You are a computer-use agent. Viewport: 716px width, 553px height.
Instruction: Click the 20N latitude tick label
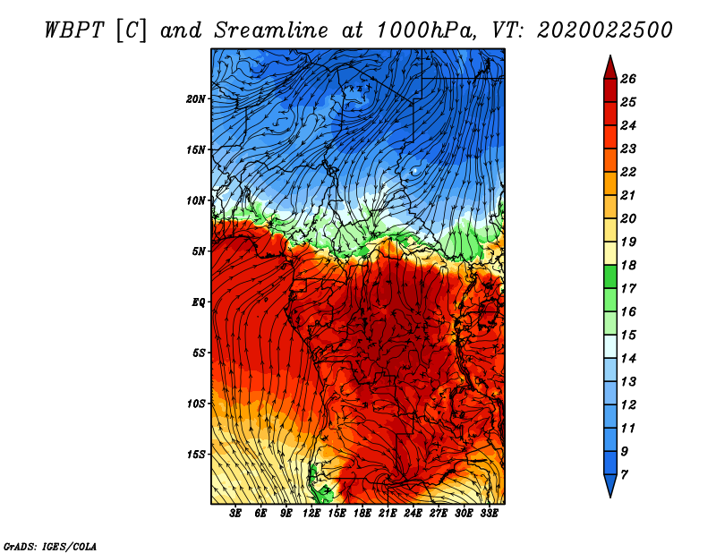tap(195, 99)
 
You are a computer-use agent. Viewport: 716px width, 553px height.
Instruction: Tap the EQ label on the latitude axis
tap(198, 302)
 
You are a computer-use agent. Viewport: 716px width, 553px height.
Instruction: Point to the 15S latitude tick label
tap(196, 455)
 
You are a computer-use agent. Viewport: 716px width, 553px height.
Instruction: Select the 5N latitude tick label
tap(199, 251)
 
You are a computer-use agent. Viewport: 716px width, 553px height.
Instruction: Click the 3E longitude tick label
tap(235, 514)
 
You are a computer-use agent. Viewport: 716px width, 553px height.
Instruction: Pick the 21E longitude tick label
tap(388, 514)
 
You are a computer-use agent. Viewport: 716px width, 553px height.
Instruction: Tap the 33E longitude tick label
tap(489, 514)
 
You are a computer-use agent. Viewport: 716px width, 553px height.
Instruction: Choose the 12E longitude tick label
tap(311, 514)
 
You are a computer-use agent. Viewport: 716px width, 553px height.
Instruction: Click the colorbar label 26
tap(628, 79)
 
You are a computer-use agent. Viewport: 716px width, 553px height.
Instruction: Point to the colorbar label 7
tap(624, 475)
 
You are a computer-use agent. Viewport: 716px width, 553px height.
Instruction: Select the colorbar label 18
tap(628, 265)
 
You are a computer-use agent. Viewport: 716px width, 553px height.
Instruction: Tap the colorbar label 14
tap(628, 359)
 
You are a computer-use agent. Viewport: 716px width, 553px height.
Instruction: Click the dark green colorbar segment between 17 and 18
tap(610, 276)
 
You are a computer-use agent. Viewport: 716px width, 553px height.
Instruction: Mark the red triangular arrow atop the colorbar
tap(610, 69)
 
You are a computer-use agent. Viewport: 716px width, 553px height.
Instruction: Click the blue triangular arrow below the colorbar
tap(610, 485)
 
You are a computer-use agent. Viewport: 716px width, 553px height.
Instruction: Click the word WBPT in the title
tap(74, 30)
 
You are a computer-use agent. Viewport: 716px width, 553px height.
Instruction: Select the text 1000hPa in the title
tap(426, 30)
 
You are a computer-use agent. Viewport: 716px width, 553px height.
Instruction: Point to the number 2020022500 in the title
tap(605, 30)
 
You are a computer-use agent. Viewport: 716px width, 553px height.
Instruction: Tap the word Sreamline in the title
tap(271, 30)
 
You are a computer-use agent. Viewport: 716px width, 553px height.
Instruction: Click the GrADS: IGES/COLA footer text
tap(50, 546)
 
